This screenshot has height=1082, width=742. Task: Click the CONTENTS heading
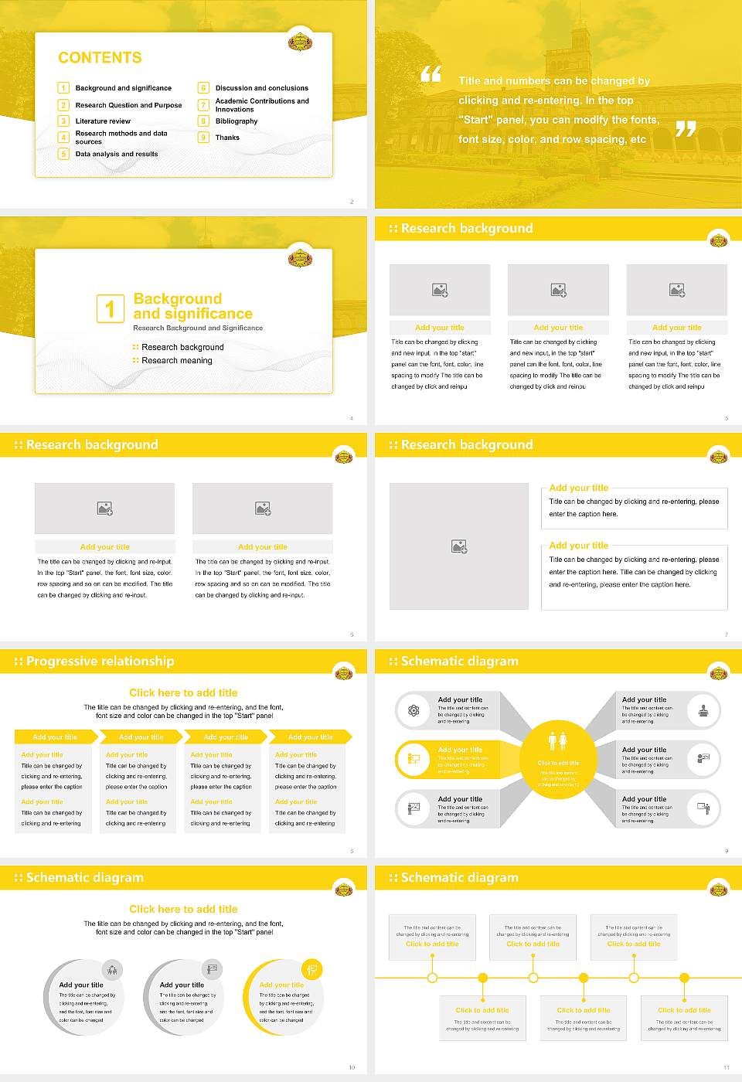point(100,58)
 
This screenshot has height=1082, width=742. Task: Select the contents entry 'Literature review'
point(103,121)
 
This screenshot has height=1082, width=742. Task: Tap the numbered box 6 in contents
point(203,88)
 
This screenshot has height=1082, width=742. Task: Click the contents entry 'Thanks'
point(227,138)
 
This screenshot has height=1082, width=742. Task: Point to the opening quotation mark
point(431,74)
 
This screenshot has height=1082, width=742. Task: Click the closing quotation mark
point(685,129)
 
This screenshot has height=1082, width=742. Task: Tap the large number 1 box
point(110,308)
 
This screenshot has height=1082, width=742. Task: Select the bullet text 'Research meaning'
point(176,361)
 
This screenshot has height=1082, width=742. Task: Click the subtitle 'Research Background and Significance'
point(198,328)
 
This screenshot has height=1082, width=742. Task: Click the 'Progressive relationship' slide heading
point(100,662)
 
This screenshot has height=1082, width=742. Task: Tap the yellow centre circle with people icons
point(558,760)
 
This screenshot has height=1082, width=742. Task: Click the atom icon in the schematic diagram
point(414,710)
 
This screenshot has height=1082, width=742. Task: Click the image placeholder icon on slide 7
point(459,546)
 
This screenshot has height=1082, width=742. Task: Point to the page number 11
point(726,1067)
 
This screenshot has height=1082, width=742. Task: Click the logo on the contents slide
point(300,42)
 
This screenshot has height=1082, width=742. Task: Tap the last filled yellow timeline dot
point(684,978)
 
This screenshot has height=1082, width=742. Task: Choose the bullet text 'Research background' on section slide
point(182,348)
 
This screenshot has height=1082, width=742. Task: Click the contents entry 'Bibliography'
point(237,121)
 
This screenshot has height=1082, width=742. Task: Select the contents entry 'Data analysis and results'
point(117,154)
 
